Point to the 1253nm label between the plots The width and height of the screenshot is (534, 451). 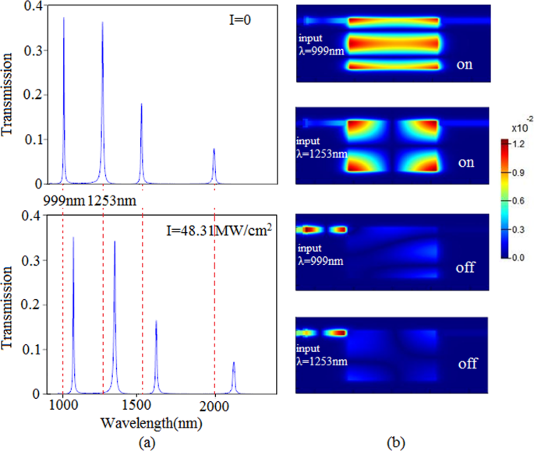[112, 201]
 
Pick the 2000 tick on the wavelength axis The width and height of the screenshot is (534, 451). [214, 407]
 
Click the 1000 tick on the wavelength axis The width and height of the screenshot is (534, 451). [62, 407]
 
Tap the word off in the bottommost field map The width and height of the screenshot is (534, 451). [467, 364]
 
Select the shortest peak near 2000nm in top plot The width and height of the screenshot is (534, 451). [214, 150]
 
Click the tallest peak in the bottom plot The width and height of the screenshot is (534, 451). [73, 238]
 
